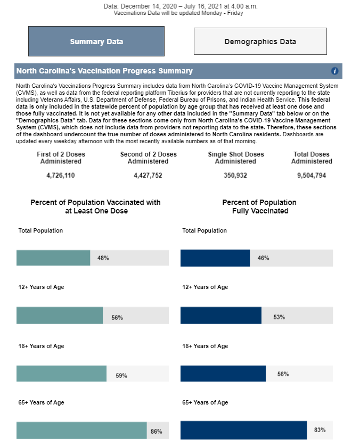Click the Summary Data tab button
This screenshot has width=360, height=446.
96,41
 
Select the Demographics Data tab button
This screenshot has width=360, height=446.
260,41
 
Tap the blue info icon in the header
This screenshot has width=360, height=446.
334,71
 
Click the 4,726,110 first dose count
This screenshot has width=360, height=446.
61,175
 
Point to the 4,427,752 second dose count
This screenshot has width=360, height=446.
148,175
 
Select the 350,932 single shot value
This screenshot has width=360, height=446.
235,175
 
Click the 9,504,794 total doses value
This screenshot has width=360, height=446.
312,175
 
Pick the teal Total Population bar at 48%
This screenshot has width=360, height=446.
53,258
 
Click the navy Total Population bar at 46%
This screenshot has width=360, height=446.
215,258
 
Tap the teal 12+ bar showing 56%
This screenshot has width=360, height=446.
60,316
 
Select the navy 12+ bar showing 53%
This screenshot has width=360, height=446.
221,316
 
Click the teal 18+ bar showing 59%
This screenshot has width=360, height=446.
61,374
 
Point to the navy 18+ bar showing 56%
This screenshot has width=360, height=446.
223,374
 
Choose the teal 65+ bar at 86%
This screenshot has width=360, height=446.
81,431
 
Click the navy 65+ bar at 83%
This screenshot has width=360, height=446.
243,430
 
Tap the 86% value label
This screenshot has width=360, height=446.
156,432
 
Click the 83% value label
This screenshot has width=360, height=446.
320,430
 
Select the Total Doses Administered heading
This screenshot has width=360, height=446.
312,158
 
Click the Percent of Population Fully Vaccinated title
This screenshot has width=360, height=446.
259,207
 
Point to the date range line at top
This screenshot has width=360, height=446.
181,6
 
